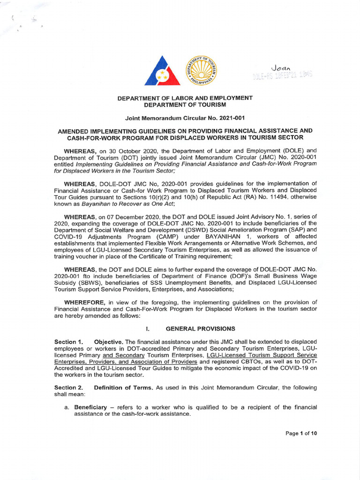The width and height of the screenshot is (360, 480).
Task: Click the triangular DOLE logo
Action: pos(163,71)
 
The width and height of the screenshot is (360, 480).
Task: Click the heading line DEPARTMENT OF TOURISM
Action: pos(184,104)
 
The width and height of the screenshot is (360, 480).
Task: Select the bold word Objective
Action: pos(109,342)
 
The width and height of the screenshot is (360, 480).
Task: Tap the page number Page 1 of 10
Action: pos(301,434)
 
